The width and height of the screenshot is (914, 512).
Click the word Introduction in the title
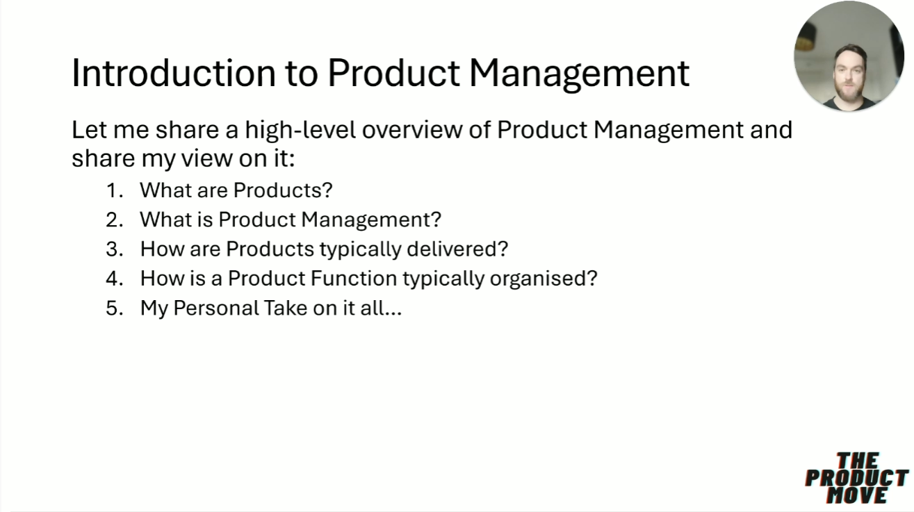(174, 73)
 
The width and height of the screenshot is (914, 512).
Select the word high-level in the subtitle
(300, 130)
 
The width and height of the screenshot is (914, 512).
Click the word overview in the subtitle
(411, 131)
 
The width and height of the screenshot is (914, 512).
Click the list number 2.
(115, 220)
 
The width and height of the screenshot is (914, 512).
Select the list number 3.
(115, 249)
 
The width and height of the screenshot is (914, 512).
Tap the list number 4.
(115, 279)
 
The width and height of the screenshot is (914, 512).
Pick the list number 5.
(115, 308)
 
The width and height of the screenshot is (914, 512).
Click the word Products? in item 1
(283, 190)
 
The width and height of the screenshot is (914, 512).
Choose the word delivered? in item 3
(457, 249)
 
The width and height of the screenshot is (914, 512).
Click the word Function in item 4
(353, 279)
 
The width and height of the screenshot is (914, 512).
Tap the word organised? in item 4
(544, 279)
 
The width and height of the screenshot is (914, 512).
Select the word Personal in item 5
(216, 308)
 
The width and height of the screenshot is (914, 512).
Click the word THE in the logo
(857, 461)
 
